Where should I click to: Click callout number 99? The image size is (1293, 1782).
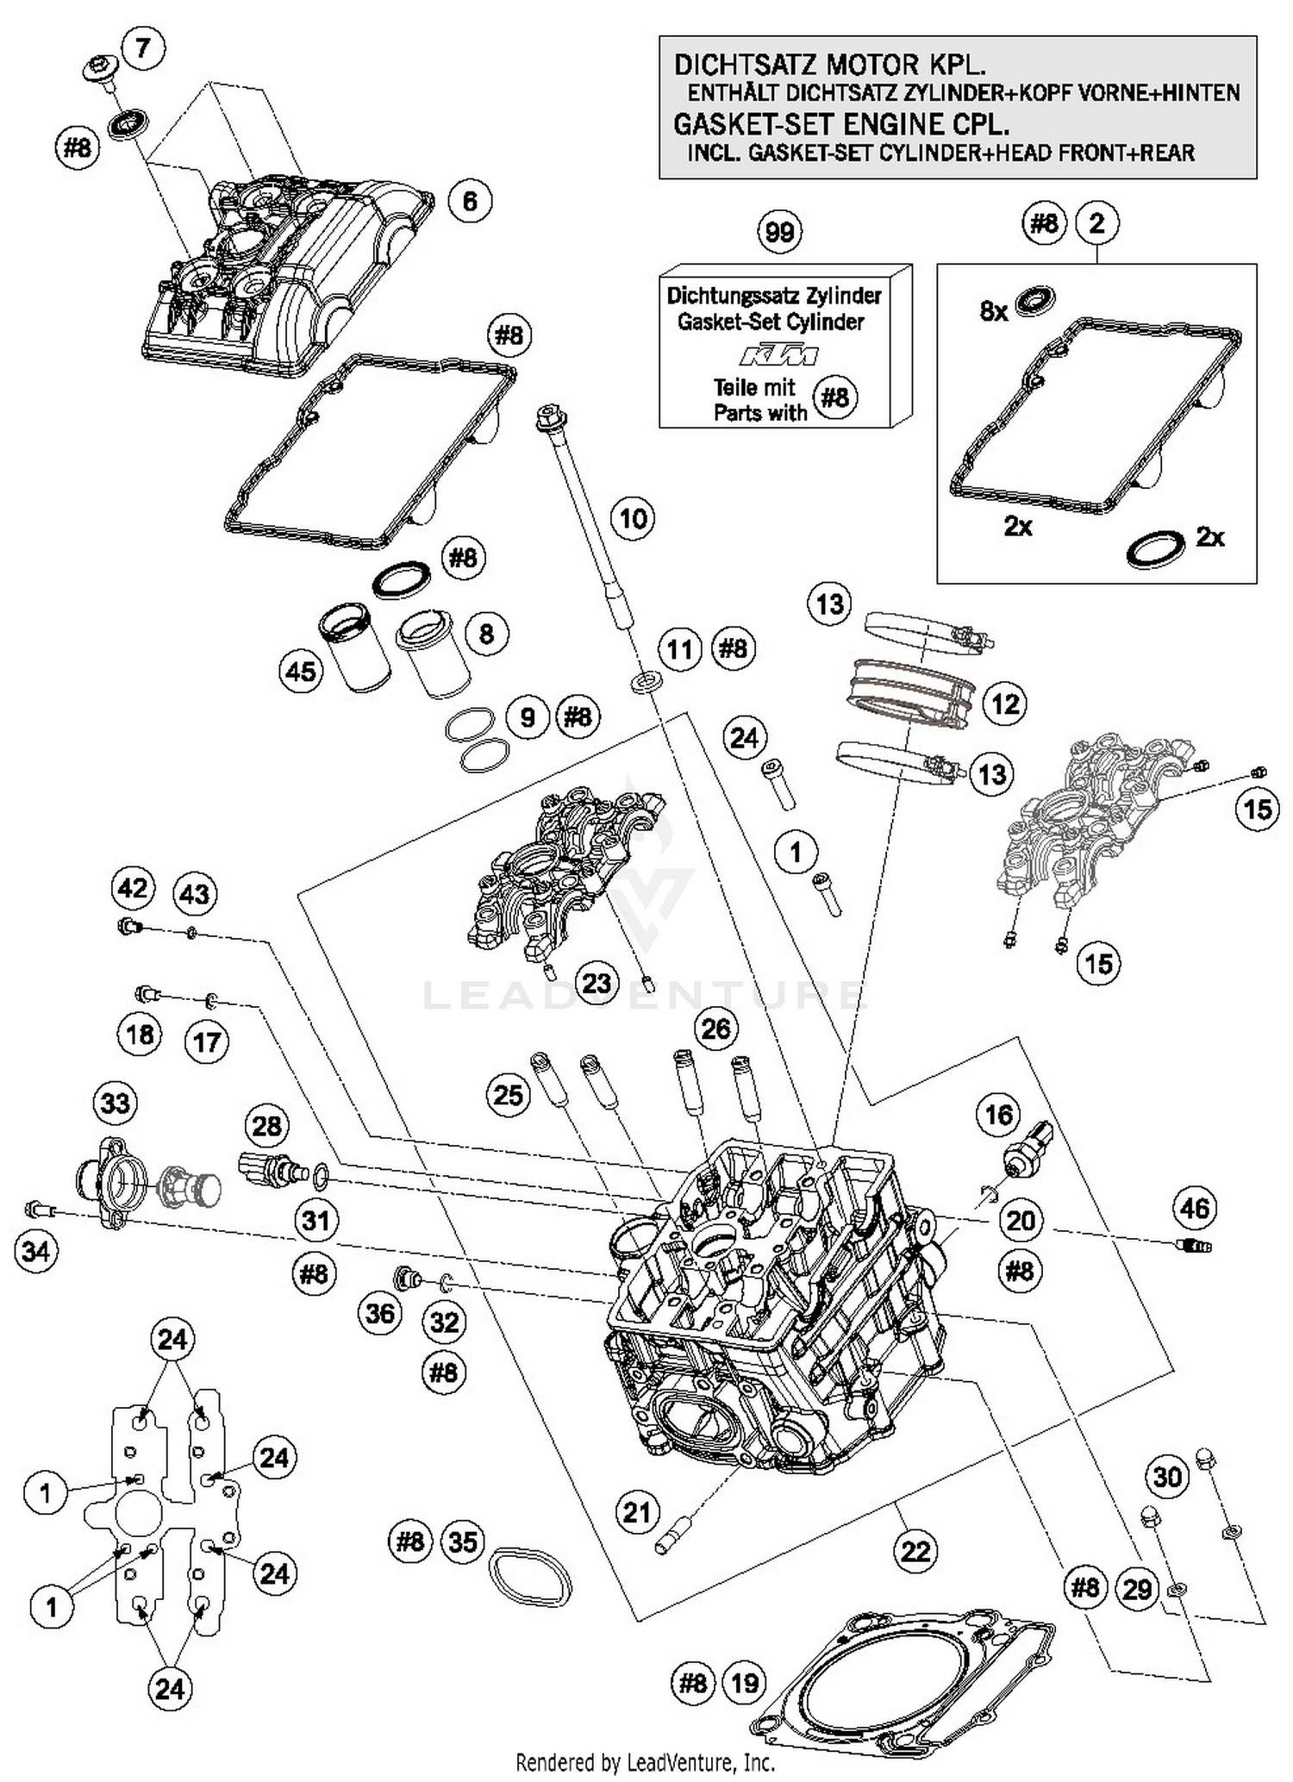pyautogui.click(x=779, y=232)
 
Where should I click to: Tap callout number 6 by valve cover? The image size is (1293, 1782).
pyautogui.click(x=470, y=201)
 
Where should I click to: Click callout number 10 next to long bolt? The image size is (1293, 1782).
pyautogui.click(x=633, y=519)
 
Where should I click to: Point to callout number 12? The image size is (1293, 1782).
pyautogui.click(x=1004, y=704)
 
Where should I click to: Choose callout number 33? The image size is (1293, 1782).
pyautogui.click(x=116, y=1103)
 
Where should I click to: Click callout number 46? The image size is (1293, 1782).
pyautogui.click(x=1194, y=1208)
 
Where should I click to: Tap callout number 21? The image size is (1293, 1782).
pyautogui.click(x=636, y=1511)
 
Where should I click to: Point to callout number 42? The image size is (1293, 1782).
pyautogui.click(x=133, y=888)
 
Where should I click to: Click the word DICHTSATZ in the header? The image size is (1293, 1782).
pyautogui.click(x=741, y=65)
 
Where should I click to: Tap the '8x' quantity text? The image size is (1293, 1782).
pyautogui.click(x=993, y=311)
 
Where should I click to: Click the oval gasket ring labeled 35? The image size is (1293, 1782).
pyautogui.click(x=530, y=1576)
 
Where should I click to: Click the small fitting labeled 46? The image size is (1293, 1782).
pyautogui.click(x=1194, y=1245)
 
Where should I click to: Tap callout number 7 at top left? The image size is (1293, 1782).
pyautogui.click(x=142, y=47)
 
